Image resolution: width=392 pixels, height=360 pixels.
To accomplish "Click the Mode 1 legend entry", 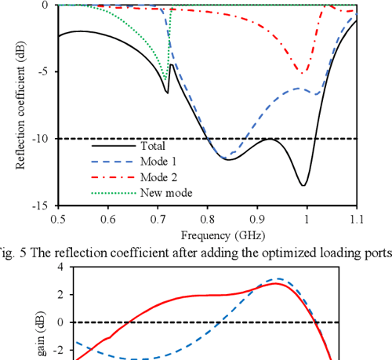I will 159,162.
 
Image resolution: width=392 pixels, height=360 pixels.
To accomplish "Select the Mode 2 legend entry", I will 159,177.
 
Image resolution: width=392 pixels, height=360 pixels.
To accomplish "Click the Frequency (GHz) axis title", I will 207,234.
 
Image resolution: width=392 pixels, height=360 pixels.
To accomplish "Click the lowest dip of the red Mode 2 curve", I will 304,73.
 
